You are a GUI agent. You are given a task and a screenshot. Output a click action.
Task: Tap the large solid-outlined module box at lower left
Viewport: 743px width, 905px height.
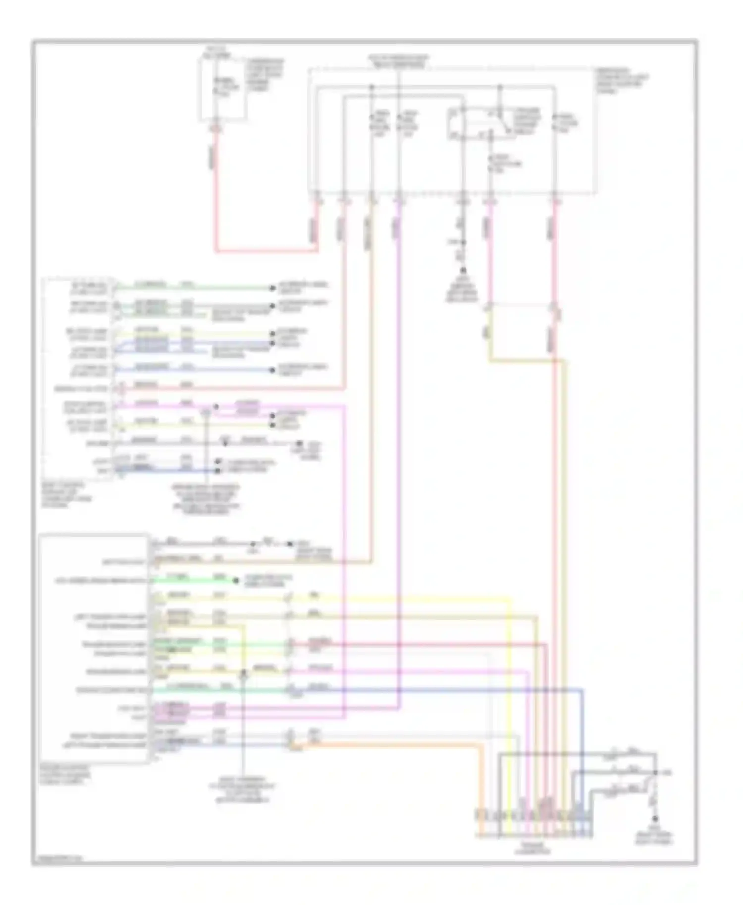coord(94,649)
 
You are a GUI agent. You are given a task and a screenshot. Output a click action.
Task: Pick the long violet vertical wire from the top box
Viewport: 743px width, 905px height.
coord(399,446)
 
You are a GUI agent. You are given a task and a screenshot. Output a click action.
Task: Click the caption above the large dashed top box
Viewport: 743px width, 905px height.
coord(398,61)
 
